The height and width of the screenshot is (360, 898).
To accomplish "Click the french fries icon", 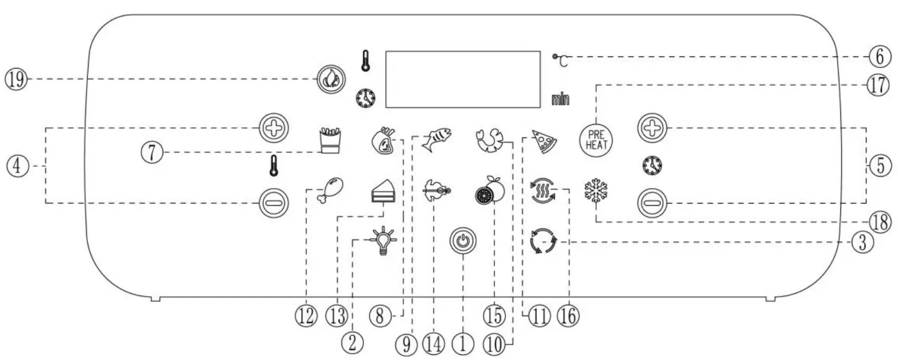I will [330, 140].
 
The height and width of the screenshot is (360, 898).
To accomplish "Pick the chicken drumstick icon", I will [330, 190].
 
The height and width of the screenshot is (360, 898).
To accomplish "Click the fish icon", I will [436, 139].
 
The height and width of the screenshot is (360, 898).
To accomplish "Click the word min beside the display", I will [560, 100].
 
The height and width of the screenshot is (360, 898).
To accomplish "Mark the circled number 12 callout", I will [306, 316].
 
